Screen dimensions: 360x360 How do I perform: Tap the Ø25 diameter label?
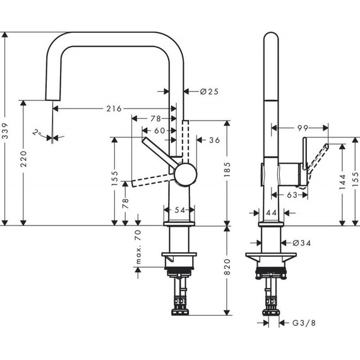pos(208,91)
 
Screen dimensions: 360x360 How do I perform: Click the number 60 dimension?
pos(159,129)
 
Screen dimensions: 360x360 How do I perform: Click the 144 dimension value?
pos(341,183)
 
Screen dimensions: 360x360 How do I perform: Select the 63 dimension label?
pos(292,196)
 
